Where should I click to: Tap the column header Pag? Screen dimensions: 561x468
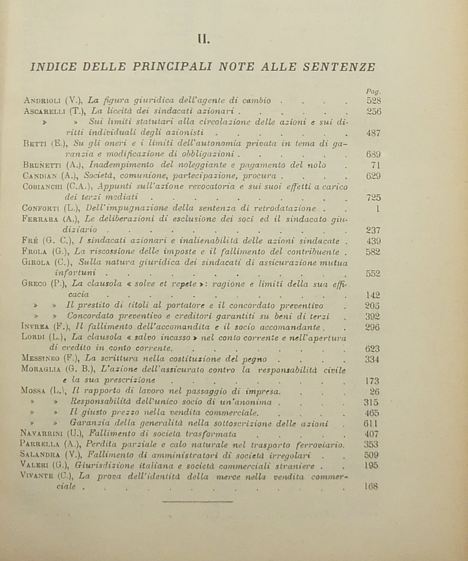click(x=373, y=91)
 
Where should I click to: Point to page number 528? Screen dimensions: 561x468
click(x=374, y=101)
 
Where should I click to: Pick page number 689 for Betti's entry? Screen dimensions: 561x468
click(x=373, y=154)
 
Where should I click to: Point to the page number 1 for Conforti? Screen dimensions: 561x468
click(x=378, y=208)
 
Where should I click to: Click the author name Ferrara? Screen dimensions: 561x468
click(x=40, y=219)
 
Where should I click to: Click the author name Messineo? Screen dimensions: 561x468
click(x=40, y=359)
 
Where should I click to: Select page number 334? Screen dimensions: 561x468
click(x=372, y=359)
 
